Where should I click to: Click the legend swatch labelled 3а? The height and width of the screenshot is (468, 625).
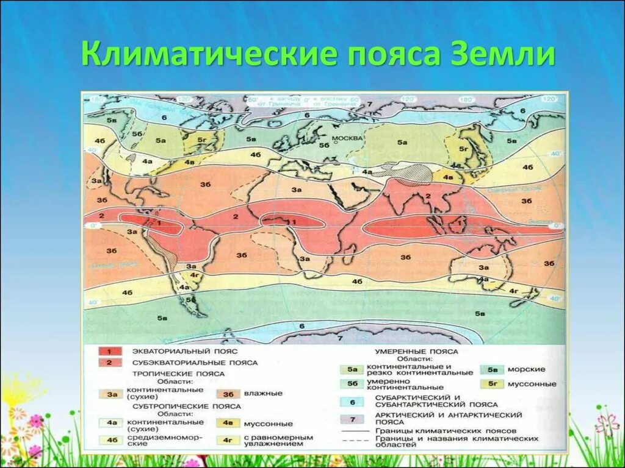(112, 394)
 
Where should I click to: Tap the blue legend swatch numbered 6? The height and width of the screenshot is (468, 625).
(352, 402)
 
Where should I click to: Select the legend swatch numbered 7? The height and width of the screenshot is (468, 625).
(352, 419)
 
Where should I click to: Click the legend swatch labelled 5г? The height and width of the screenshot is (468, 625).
(493, 384)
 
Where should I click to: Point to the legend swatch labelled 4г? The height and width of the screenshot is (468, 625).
(227, 439)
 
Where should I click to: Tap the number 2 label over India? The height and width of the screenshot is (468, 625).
(428, 195)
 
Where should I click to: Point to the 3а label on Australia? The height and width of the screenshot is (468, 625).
(484, 268)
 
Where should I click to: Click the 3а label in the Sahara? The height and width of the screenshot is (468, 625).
(297, 190)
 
